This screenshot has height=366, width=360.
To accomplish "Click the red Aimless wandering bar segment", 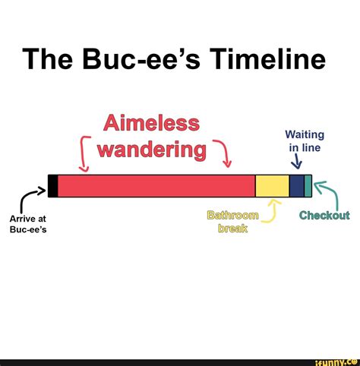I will [156, 186].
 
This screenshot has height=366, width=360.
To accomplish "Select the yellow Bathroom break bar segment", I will [272, 186].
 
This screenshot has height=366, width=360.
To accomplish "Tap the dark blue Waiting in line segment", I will [296, 186].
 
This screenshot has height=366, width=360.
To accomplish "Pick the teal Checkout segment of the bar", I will [308, 186].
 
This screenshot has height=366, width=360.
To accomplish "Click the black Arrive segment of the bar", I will [52, 186].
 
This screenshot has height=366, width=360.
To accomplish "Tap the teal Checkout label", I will [324, 215].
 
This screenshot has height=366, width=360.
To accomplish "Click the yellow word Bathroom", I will [232, 216].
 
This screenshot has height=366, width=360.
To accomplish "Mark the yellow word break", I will [232, 229].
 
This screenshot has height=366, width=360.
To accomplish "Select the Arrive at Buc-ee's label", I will [28, 226].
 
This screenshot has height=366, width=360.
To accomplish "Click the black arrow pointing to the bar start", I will [30, 199].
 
